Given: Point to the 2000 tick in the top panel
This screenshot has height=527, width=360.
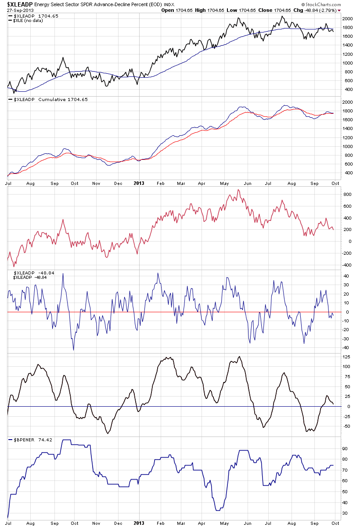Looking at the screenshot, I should tap(347, 19).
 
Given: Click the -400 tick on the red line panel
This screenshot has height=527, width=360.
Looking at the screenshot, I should tap(347, 265).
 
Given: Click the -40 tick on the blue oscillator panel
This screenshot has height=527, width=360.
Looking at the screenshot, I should tap(346, 347).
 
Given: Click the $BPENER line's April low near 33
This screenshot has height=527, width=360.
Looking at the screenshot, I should tap(218, 510).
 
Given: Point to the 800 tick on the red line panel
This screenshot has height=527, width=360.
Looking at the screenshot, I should tap(347, 194).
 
